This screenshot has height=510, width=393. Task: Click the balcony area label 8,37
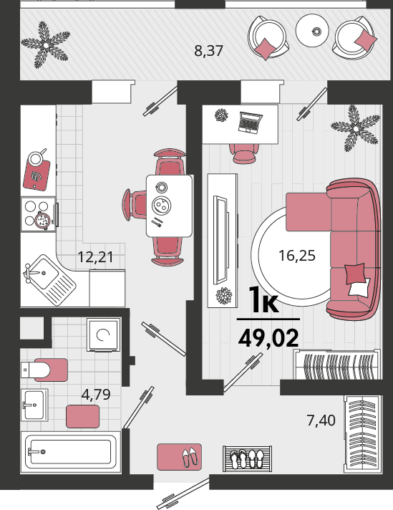click(x=209, y=51)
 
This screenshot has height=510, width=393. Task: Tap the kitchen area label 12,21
click(x=96, y=257)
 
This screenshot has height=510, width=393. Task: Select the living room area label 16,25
click(x=297, y=256)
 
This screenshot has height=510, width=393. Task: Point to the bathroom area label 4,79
click(x=96, y=395)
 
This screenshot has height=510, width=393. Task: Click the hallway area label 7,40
click(x=321, y=420)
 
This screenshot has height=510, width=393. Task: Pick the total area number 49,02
click(x=268, y=338)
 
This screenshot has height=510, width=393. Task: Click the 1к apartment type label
click(x=263, y=300)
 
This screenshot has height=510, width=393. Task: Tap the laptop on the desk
click(x=250, y=122)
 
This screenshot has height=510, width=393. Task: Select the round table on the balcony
click(x=312, y=31)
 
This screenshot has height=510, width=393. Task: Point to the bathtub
click(x=71, y=452)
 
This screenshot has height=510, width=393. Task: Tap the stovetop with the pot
click(x=39, y=214)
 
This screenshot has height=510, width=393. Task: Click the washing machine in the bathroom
click(x=103, y=335)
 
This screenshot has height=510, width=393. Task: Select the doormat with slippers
click(x=180, y=457)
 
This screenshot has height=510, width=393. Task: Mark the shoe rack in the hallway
click(x=248, y=458)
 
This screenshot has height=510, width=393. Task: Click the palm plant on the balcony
click(x=46, y=45)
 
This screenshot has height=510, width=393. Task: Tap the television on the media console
click(x=221, y=239)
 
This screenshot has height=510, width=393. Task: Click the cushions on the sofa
click(x=357, y=279)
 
